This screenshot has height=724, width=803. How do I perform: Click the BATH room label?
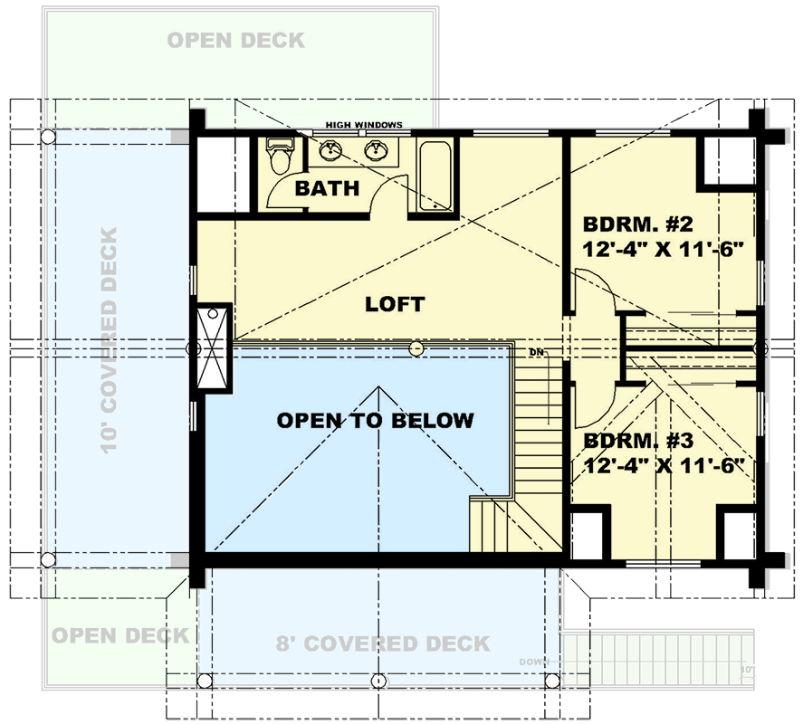coord(327,189)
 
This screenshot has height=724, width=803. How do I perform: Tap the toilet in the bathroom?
coord(280,156)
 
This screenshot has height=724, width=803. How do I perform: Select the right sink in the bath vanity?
coord(373,150)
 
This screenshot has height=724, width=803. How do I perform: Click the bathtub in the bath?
coord(434,176)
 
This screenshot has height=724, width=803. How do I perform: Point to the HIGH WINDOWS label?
coord(364,125)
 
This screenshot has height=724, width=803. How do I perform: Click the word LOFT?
coord(395,304)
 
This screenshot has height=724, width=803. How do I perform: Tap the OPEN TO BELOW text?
coord(375,420)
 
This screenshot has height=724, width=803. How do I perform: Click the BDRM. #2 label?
coord(637,224)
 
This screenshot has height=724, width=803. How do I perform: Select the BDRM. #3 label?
coord(637,442)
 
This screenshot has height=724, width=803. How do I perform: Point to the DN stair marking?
coord(536,352)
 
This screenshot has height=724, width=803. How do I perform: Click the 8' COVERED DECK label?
coord(383,643)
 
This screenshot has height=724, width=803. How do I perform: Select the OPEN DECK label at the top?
coord(235,41)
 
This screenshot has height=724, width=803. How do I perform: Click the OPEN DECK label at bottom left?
coord(119,635)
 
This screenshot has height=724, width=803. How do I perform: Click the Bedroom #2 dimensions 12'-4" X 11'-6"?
coord(664,250)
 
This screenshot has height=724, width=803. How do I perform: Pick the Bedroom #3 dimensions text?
coord(664,466)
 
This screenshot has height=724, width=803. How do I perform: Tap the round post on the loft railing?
coord(416,348)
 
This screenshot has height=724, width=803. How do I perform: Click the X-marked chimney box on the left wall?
coord(214,348)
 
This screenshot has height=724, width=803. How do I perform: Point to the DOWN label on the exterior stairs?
coord(533,662)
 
